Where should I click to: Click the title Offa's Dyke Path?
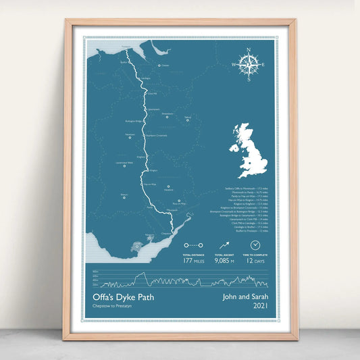click(x=118, y=297)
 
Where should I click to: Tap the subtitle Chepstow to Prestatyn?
click(x=112, y=307)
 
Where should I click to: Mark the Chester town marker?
click(x=159, y=66)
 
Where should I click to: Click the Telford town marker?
click(x=186, y=122)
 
